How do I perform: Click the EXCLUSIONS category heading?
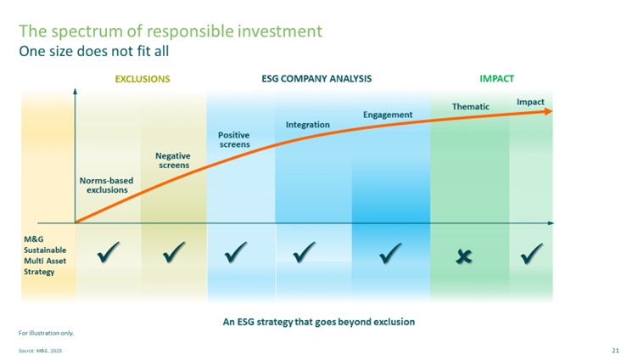coord(143,79)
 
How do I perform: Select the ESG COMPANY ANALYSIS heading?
coord(316,79)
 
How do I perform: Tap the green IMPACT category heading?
coord(496,79)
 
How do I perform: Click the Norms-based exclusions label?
coord(107,185)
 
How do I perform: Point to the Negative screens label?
coord(173,160)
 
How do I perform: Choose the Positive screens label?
coord(234,140)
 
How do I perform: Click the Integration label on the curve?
coord(308,125)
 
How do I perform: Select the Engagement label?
coord(388,115)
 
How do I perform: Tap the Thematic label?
coord(471,107)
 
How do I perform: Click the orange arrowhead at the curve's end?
coord(548,111)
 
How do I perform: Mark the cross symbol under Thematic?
coord(464,256)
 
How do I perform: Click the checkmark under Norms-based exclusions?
coord(109,252)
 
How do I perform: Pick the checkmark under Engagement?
coord(390,253)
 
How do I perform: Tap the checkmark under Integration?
coord(305,252)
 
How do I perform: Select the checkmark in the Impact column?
coord(532,253)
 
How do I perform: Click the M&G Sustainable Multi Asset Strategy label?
coord(45,256)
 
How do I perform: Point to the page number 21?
coord(616,351)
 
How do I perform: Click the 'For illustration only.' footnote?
coord(47,333)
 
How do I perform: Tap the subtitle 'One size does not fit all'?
coord(94,51)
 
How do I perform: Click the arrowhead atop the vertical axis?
coord(75,91)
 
